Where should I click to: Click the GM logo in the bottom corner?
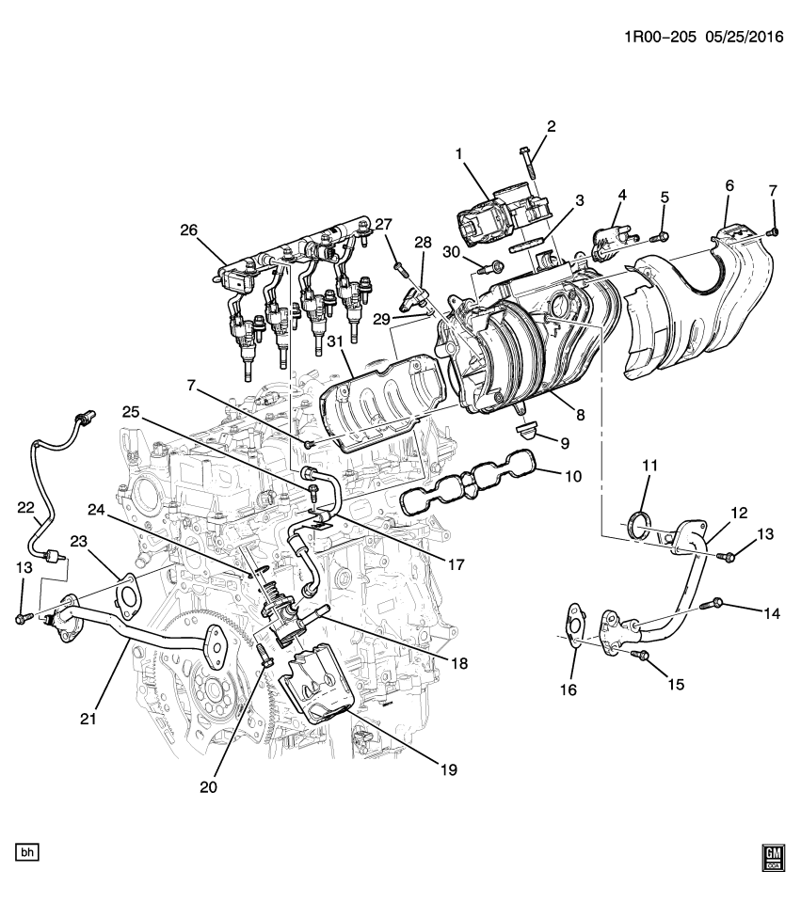[x=773, y=853]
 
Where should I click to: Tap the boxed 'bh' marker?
[x=27, y=853]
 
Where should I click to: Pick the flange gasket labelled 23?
[x=126, y=596]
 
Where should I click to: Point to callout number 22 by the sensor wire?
[x=24, y=508]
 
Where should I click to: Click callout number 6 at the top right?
[x=729, y=186]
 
